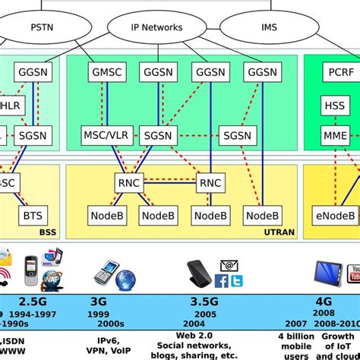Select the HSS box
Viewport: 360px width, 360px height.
tap(333, 106)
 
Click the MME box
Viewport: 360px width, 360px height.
tap(333, 137)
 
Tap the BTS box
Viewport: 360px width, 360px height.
tap(33, 216)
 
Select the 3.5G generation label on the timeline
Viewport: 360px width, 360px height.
tap(203, 300)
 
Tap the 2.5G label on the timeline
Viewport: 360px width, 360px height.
tap(31, 300)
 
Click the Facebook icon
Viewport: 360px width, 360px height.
tap(222, 281)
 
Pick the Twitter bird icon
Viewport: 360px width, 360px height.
tap(237, 281)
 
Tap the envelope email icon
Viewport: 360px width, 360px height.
tap(226, 265)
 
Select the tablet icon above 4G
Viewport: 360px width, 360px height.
tap(327, 270)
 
